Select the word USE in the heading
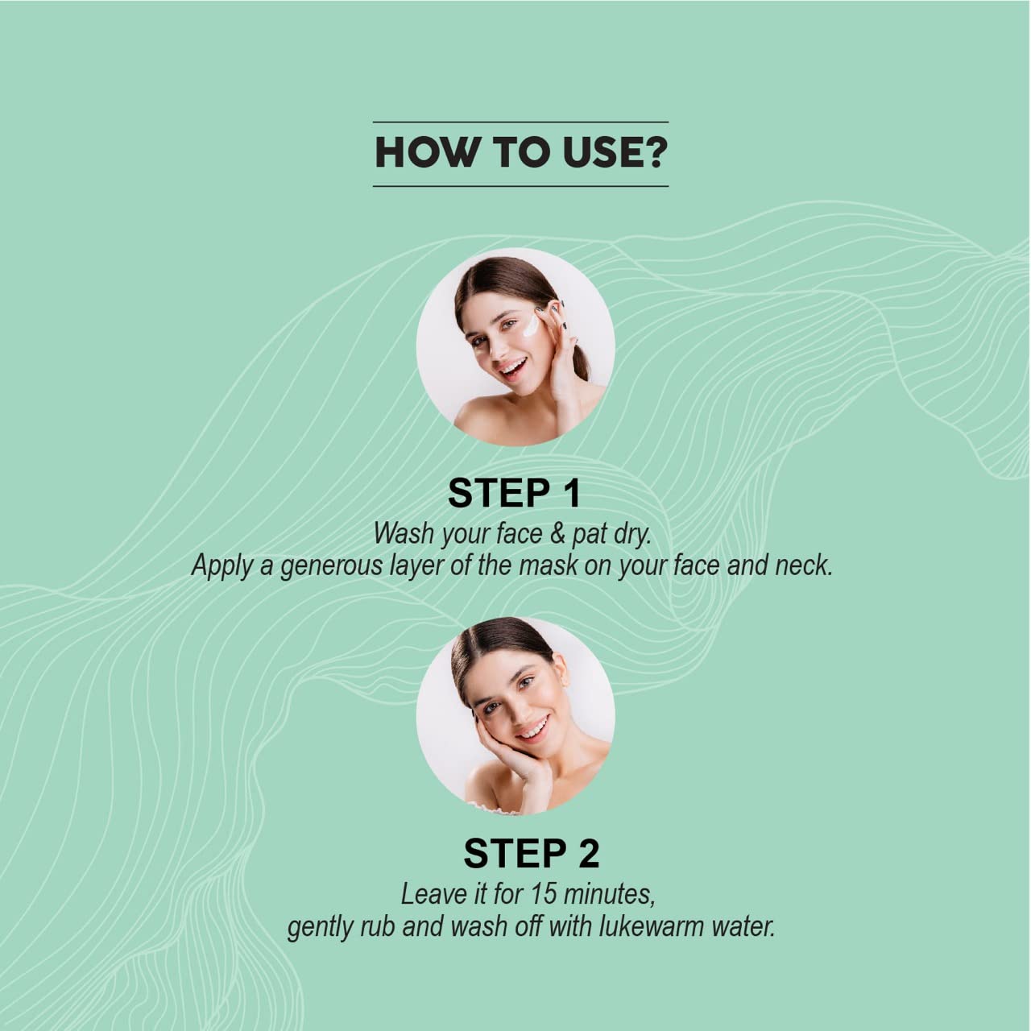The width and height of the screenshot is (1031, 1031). (602, 153)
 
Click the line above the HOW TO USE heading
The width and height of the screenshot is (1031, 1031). (520, 122)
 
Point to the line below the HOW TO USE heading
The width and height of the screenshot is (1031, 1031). (520, 186)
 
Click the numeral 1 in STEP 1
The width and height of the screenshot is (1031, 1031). (571, 493)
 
